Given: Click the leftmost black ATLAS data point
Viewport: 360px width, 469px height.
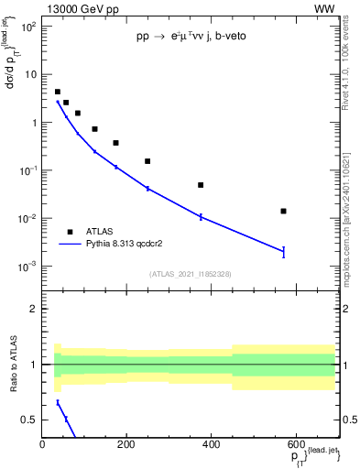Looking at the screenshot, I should pyautogui.click(x=58, y=92).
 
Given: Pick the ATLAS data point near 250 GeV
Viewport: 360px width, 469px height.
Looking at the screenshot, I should pyautogui.click(x=147, y=161).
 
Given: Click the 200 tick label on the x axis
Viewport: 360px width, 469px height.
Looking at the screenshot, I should pyautogui.click(x=127, y=444).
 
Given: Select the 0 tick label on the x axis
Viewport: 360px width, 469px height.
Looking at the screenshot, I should pyautogui.click(x=43, y=444).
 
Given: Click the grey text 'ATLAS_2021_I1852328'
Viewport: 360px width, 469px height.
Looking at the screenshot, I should pyautogui.click(x=190, y=274).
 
